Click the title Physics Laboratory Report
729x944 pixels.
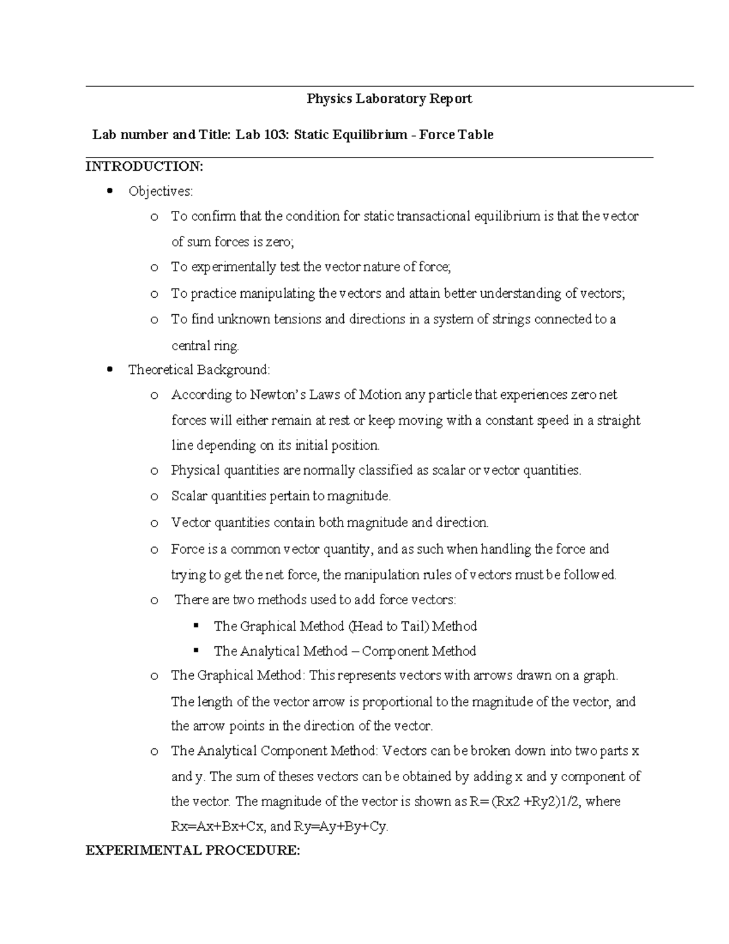click(x=389, y=98)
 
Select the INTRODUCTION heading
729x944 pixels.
click(x=144, y=166)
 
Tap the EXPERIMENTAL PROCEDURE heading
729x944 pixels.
click(x=193, y=850)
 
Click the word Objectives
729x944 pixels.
click(x=160, y=191)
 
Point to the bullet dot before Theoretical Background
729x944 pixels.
click(x=109, y=370)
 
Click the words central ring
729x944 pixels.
click(x=205, y=346)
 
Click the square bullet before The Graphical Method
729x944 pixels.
click(x=196, y=625)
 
